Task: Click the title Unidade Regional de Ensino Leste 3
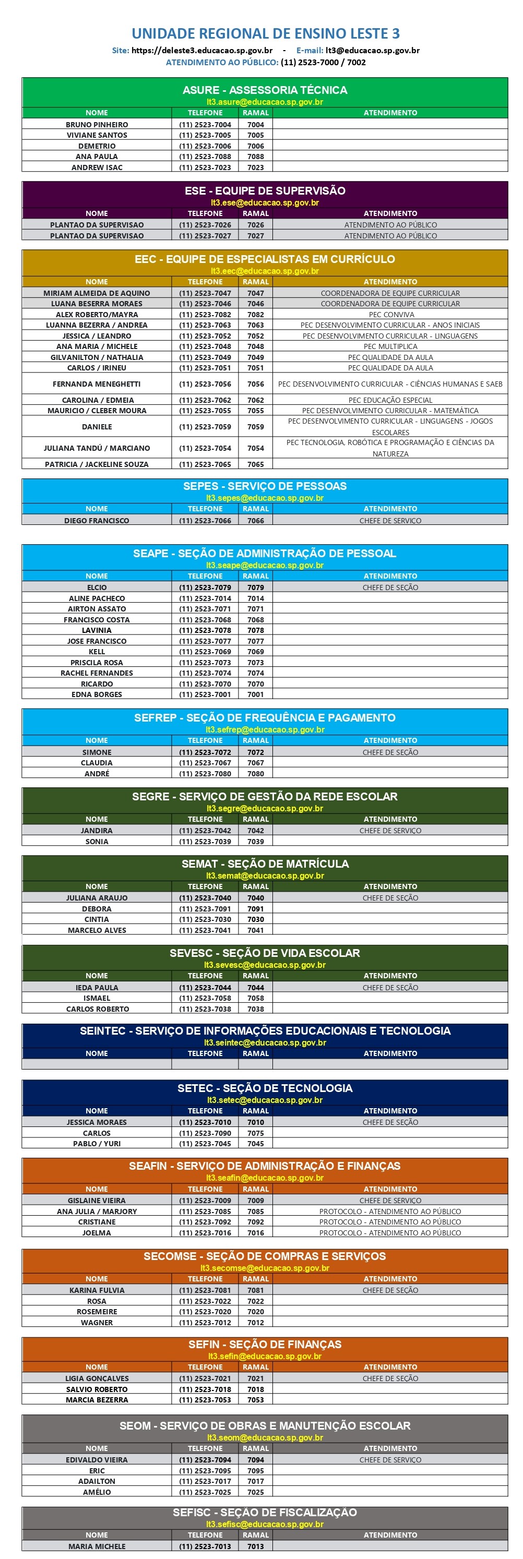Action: (x=265, y=33)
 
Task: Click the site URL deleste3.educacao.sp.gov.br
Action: (x=201, y=51)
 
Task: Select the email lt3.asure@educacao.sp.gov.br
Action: (x=265, y=102)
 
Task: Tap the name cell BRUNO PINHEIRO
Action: (x=97, y=125)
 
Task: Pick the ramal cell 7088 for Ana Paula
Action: (x=255, y=157)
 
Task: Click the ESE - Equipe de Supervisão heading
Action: (x=265, y=190)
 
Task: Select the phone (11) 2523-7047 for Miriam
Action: (x=205, y=293)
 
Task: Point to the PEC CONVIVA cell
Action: (x=390, y=315)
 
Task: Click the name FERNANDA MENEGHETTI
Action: (x=97, y=383)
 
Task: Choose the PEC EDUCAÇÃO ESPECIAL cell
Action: (x=390, y=400)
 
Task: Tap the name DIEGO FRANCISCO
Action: (x=97, y=521)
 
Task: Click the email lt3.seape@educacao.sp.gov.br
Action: (x=265, y=565)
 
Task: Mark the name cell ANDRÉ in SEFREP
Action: (x=97, y=773)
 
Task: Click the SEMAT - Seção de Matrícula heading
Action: (x=265, y=864)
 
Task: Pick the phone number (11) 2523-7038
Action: (x=205, y=1009)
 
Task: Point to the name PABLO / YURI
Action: (x=97, y=1144)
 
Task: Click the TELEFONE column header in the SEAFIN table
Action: (x=205, y=1189)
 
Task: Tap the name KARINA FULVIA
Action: (x=97, y=1290)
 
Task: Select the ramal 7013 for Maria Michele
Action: (x=255, y=1546)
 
